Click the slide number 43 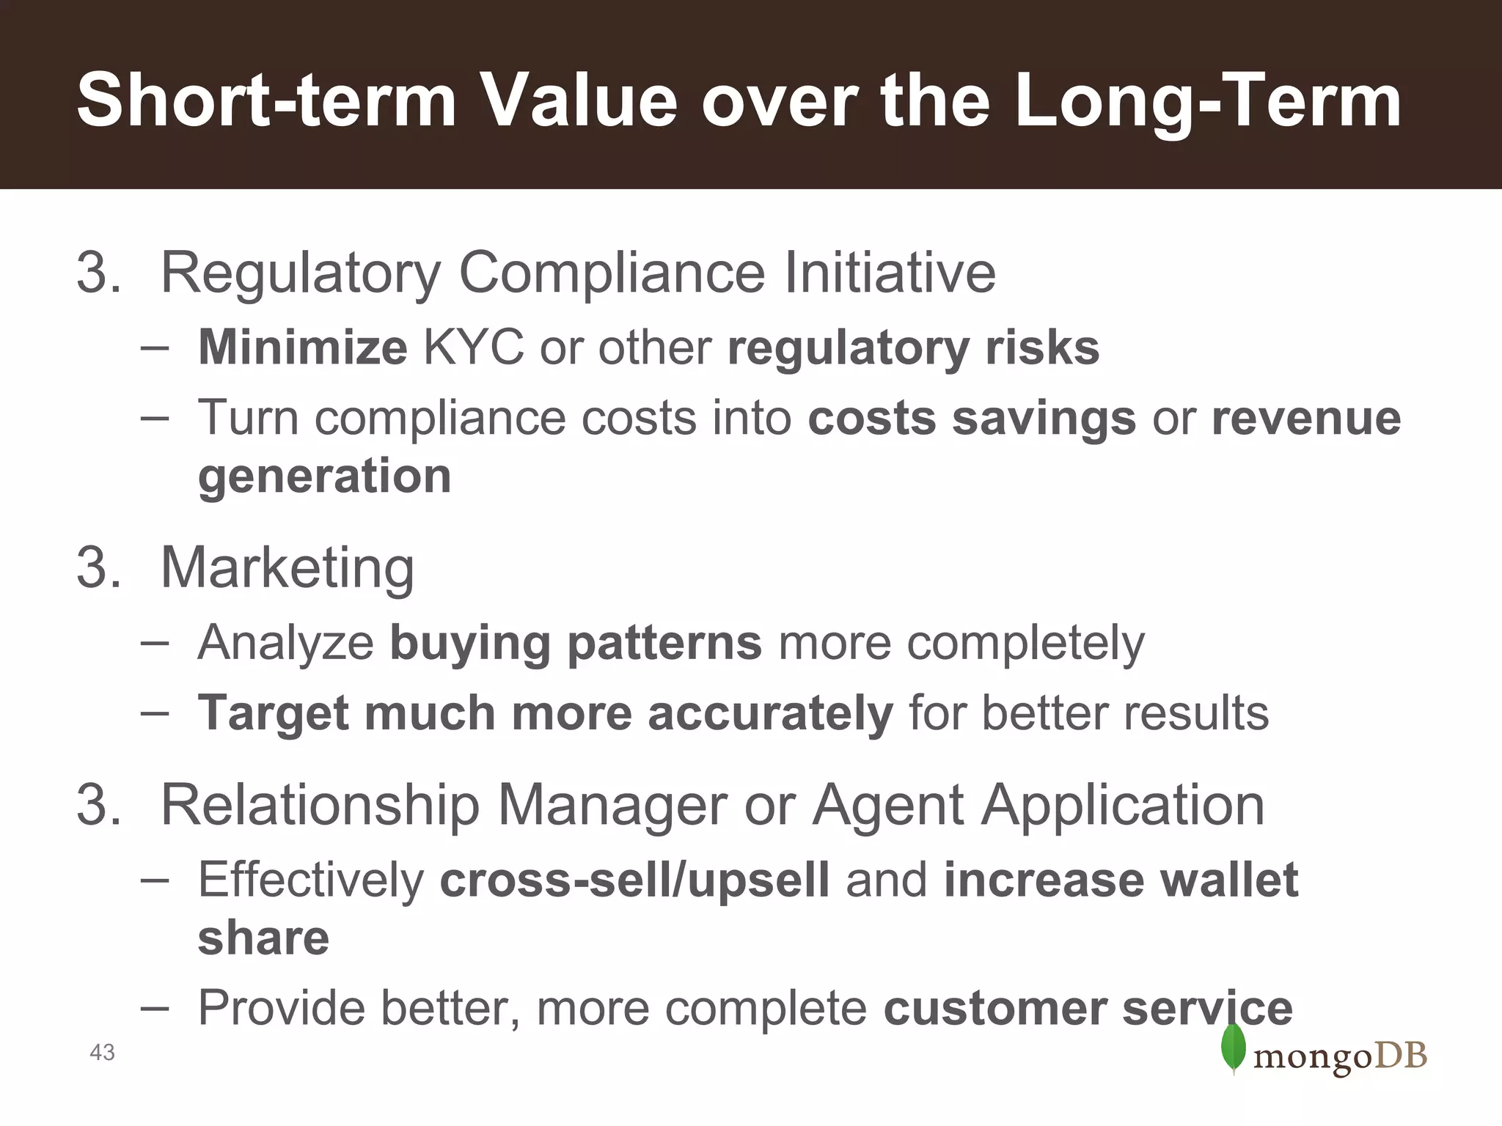pyautogui.click(x=102, y=1053)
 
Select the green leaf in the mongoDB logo pyautogui.click(x=1234, y=1048)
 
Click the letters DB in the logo pyautogui.click(x=1400, y=1056)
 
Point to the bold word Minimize pyautogui.click(x=302, y=347)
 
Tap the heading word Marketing pyautogui.click(x=287, y=568)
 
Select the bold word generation pyautogui.click(x=324, y=476)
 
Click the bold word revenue pyautogui.click(x=1306, y=418)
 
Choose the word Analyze pyautogui.click(x=286, y=643)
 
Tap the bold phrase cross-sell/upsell pyautogui.click(x=634, y=880)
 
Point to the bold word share pyautogui.click(x=263, y=938)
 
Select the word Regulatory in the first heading pyautogui.click(x=301, y=273)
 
